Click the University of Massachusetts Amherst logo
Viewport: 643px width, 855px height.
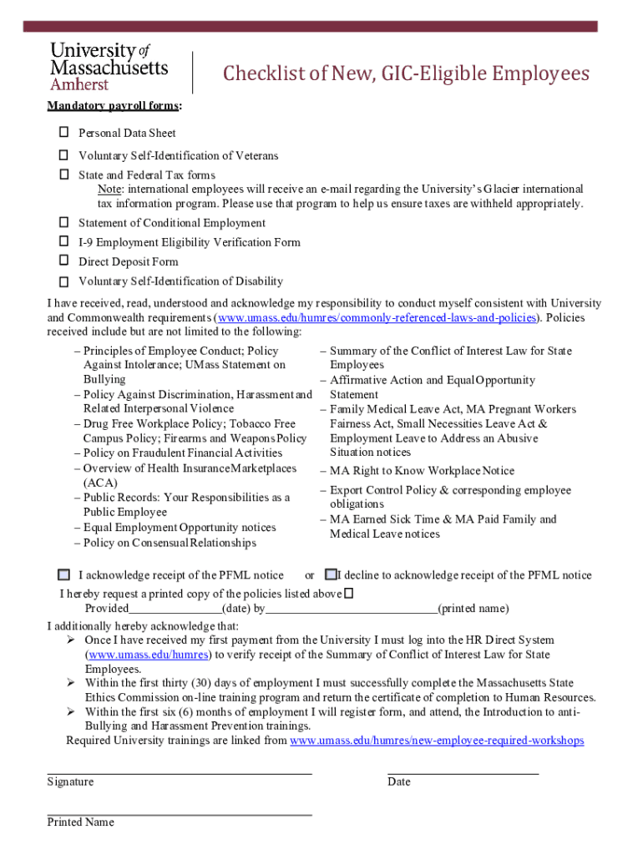[x=109, y=66]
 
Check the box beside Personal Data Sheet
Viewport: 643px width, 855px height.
[x=63, y=133]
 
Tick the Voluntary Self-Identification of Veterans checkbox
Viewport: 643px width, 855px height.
[x=63, y=155]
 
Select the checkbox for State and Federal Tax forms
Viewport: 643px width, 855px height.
[x=63, y=175]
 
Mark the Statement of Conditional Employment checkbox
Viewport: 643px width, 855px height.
[x=63, y=223]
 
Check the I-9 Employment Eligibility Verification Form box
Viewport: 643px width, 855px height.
[x=63, y=241]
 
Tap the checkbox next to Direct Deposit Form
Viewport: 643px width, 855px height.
[x=63, y=261]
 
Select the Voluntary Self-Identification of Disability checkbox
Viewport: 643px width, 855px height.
[x=63, y=281]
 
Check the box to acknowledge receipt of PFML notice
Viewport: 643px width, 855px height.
[x=64, y=575]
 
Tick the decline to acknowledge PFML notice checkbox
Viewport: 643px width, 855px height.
[x=331, y=574]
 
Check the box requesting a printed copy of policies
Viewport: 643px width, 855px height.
[x=349, y=593]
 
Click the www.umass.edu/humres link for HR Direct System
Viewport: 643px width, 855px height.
[x=149, y=655]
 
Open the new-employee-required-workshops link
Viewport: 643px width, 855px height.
[x=436, y=741]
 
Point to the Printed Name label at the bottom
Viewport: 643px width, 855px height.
[x=80, y=822]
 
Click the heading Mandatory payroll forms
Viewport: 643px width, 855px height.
[x=114, y=106]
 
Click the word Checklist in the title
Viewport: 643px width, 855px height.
[x=256, y=74]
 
